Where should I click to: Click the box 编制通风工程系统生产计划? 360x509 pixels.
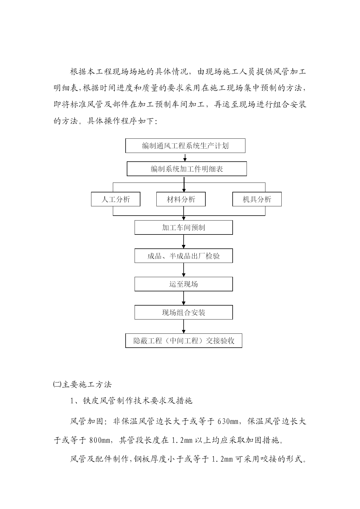185,146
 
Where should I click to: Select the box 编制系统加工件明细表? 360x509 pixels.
187,169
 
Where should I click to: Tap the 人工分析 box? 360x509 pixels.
116,199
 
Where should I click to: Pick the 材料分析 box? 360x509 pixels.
181,199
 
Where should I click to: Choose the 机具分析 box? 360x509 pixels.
257,199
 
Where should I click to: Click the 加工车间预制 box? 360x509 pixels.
184,228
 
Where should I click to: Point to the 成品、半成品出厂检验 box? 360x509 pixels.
184,256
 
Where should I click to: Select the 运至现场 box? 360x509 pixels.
184,284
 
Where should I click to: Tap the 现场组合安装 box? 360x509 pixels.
184,313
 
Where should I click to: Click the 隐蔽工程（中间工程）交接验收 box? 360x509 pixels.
184,341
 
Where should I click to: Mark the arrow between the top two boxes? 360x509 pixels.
185,157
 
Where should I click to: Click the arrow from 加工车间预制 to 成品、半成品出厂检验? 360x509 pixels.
184,242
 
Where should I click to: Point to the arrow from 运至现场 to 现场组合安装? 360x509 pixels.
184,298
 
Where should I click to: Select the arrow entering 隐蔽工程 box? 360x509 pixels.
184,326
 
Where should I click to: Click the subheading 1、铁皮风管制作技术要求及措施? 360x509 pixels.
131,401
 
